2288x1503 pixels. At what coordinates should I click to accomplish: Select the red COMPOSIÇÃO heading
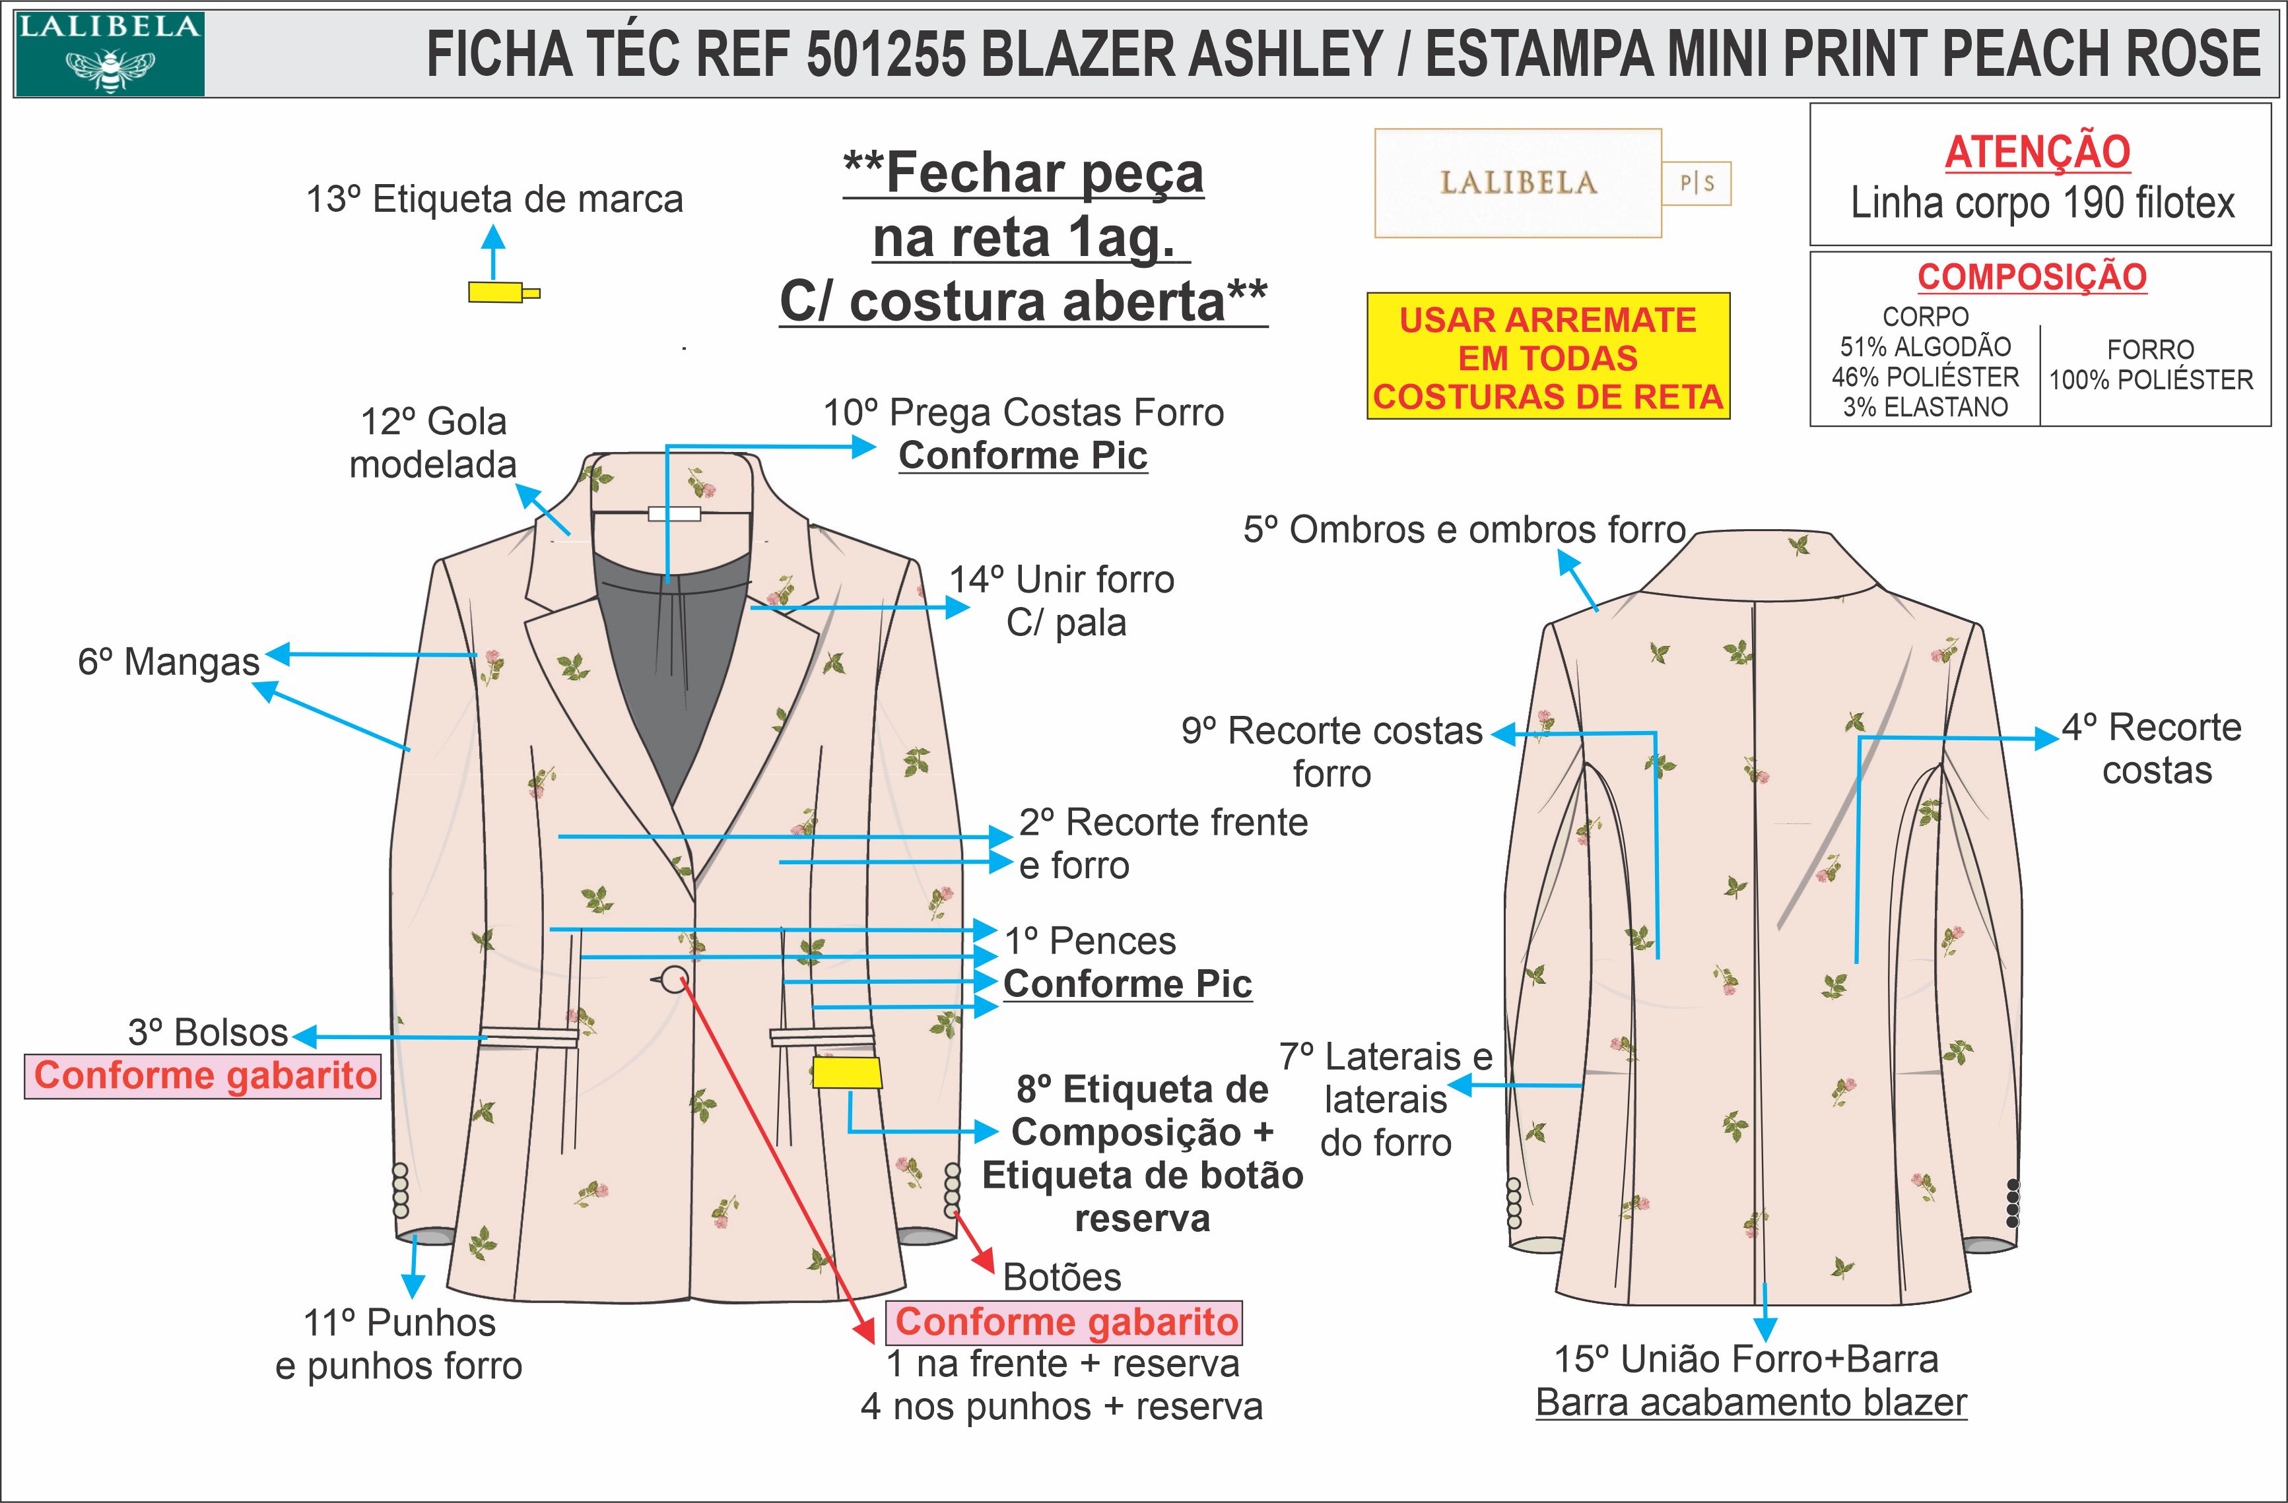click(x=2031, y=276)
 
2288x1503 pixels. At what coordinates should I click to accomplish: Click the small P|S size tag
click(x=1697, y=183)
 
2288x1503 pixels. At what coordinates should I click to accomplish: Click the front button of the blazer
click(x=675, y=979)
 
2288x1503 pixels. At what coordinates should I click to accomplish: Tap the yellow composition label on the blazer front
click(x=846, y=1072)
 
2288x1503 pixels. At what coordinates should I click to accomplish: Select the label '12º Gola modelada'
click(x=432, y=443)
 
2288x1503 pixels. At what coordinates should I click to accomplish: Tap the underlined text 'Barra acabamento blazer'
click(x=1751, y=1402)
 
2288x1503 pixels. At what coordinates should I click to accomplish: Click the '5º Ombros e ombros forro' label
click(x=1464, y=530)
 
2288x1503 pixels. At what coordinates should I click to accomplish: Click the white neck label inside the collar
click(x=674, y=514)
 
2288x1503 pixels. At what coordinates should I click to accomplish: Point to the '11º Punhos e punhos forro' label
click(x=399, y=1343)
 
